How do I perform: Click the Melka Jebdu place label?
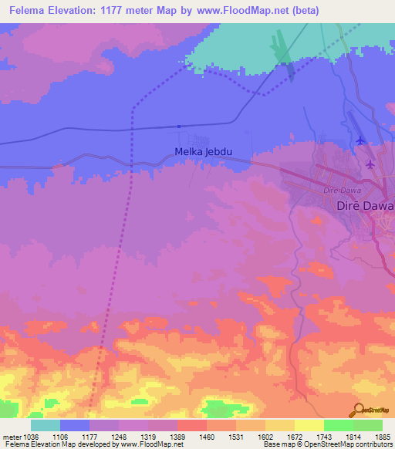(x=204, y=152)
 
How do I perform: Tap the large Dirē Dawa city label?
(x=366, y=207)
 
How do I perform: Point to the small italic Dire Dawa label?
(x=343, y=189)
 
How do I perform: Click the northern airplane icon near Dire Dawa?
(x=361, y=140)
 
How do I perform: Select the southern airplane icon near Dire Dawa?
(x=371, y=164)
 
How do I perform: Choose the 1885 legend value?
(x=381, y=436)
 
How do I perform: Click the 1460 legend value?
(x=205, y=436)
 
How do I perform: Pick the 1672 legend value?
(x=293, y=436)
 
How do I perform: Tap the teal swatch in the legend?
(x=46, y=425)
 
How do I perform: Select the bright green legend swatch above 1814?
(x=338, y=425)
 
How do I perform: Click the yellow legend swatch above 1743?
(x=309, y=425)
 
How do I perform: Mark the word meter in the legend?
(x=12, y=436)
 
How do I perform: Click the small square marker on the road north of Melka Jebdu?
(x=178, y=127)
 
